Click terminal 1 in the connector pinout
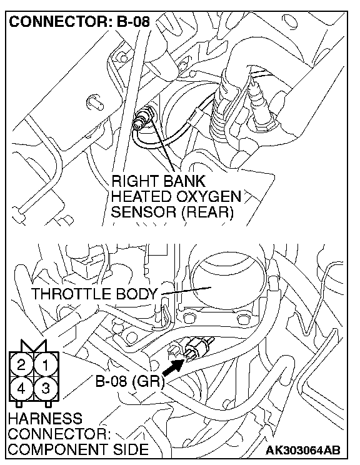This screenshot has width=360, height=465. click(x=46, y=365)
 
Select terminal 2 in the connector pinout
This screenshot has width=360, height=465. click(x=21, y=365)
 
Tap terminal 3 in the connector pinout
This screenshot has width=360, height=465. click(x=46, y=389)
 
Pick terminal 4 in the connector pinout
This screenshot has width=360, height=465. click(x=21, y=389)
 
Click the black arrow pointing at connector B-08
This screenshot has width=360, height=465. click(x=173, y=367)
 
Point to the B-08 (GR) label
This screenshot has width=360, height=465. click(x=130, y=381)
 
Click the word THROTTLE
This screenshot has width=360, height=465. click(x=71, y=294)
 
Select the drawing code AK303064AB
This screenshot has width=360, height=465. click(x=302, y=450)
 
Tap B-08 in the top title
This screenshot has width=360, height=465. click(x=133, y=22)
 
